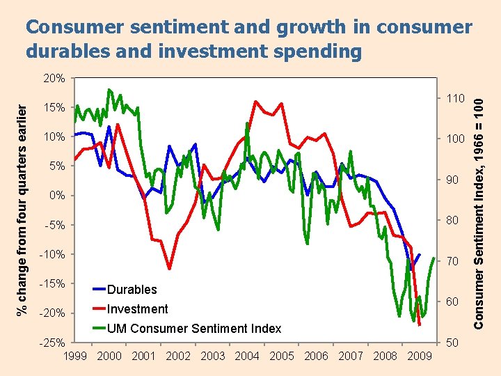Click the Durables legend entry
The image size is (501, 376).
132,290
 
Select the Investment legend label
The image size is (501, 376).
137,309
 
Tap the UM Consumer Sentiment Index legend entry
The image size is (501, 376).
193,329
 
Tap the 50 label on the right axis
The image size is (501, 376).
452,343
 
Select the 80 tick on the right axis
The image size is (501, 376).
452,221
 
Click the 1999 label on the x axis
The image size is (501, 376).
76,356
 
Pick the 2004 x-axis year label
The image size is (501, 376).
247,356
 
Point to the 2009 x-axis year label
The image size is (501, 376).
418,356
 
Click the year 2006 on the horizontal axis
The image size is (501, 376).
316,356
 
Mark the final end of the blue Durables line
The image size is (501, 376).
419,255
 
